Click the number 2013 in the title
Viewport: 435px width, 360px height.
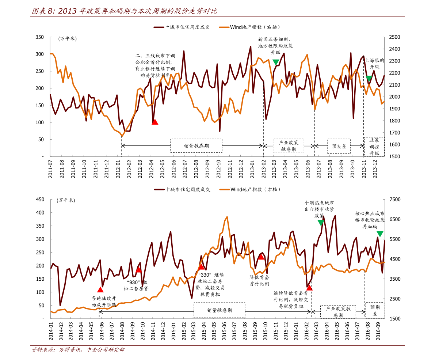tap(67, 11)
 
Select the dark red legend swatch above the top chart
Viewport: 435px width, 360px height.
tap(159, 27)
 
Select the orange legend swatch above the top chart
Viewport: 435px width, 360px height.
tap(224, 27)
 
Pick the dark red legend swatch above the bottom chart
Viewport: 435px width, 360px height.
tap(159, 189)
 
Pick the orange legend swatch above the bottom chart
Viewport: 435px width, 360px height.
tap(225, 189)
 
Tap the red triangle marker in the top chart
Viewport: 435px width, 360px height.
tap(155, 122)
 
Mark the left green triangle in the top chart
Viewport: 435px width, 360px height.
tap(276, 62)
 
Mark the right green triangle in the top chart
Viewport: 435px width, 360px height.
tap(369, 79)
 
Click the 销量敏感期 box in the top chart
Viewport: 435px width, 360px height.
tap(196, 146)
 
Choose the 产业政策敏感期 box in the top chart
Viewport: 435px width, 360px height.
tap(288, 146)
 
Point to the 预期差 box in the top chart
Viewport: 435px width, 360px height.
tap(339, 146)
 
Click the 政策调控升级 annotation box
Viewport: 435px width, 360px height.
tap(374, 147)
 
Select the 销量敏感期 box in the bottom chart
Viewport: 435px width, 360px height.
tap(219, 310)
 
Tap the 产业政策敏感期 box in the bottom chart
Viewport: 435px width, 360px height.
tap(338, 312)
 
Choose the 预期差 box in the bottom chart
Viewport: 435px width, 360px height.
tap(375, 310)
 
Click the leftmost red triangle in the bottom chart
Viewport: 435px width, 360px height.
tap(100, 289)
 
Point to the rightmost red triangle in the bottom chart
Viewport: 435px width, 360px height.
tap(309, 288)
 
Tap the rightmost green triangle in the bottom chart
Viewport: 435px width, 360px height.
tap(380, 234)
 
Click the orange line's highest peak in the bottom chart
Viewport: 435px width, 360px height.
tap(227, 217)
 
